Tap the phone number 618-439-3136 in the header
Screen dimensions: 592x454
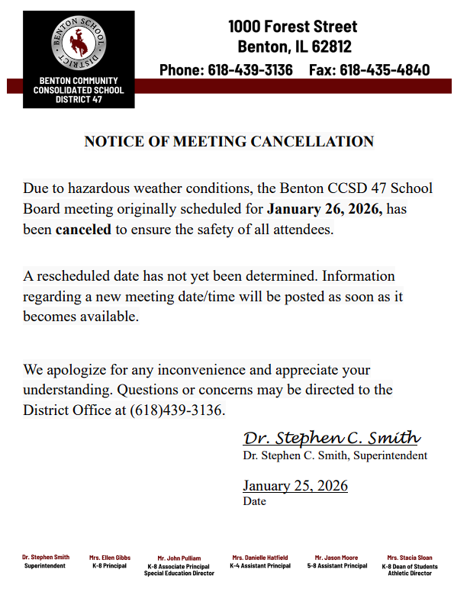[250, 70]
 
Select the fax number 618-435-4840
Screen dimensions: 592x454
[385, 70]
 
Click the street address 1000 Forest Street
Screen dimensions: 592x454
[292, 27]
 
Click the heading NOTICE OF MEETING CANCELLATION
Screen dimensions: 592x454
[229, 141]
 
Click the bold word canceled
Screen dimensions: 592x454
[84, 230]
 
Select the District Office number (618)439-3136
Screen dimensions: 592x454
[178, 410]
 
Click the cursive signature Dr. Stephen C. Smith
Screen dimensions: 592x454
[331, 438]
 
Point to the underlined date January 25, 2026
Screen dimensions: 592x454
[295, 486]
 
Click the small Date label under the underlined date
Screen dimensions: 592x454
[254, 502]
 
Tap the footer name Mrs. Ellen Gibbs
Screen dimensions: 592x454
[110, 558]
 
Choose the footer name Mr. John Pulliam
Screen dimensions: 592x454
[179, 558]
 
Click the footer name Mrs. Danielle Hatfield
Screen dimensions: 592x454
[260, 558]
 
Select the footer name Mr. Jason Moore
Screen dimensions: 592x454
[336, 558]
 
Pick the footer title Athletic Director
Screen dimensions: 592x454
[410, 573]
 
